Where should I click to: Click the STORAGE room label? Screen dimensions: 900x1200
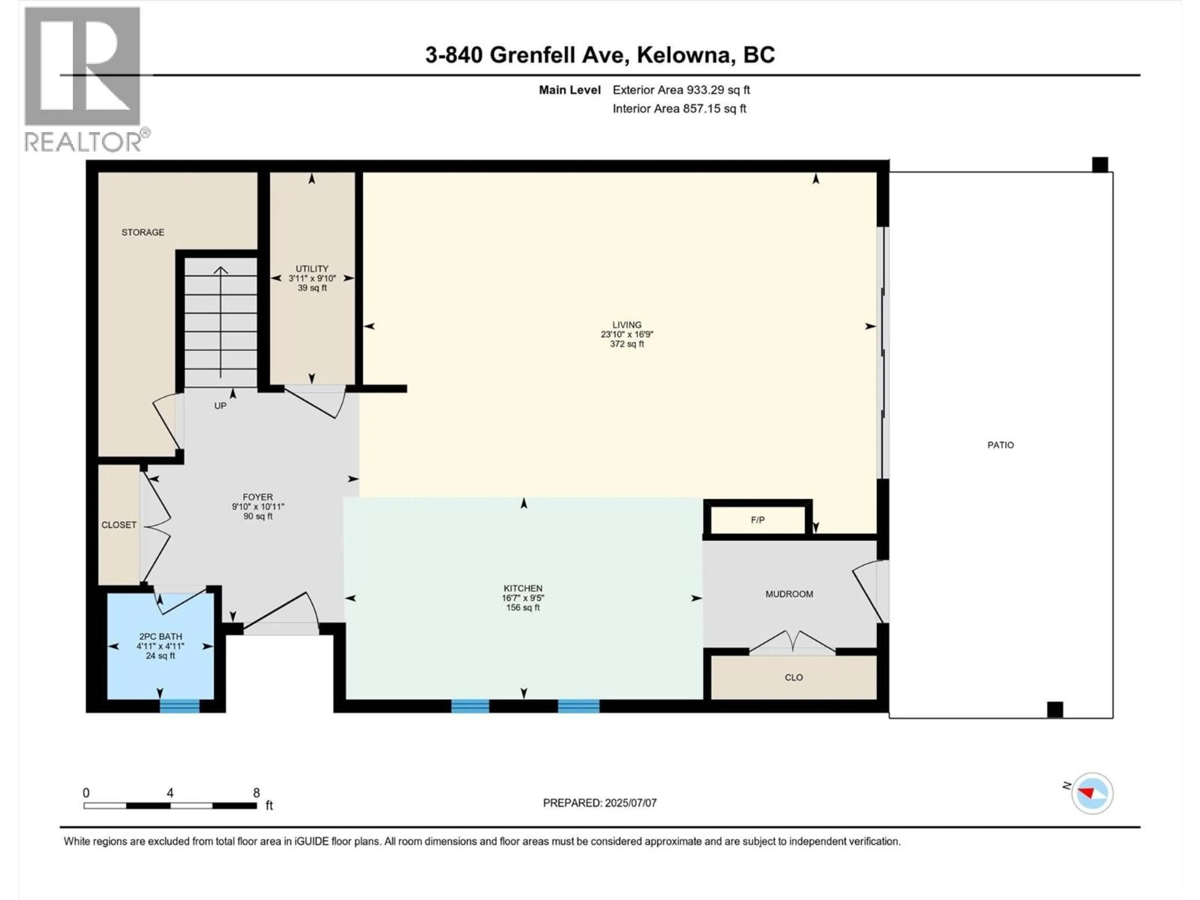point(143,232)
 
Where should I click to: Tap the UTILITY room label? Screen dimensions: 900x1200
point(312,268)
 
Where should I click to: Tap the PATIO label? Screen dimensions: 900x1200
point(1000,445)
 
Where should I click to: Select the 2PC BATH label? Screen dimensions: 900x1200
point(161,636)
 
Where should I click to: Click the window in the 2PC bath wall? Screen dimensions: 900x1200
point(180,706)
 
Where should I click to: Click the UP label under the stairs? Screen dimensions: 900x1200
point(220,406)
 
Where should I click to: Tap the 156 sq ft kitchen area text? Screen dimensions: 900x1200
point(522,607)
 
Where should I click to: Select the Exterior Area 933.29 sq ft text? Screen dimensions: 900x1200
point(681,90)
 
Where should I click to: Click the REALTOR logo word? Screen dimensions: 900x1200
point(84,142)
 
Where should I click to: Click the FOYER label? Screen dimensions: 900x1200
point(258,497)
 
